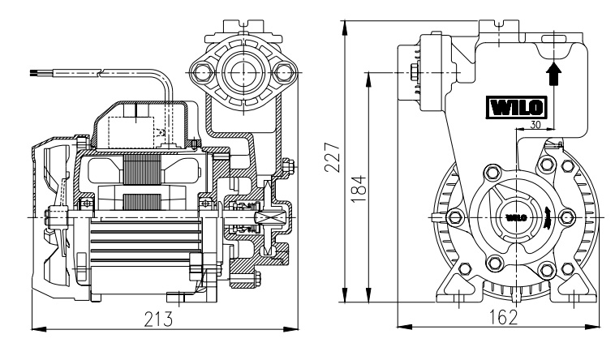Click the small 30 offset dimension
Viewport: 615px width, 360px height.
[x=535, y=125]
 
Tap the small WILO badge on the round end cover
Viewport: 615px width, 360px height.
[x=517, y=218]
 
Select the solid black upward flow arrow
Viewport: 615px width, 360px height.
[x=553, y=75]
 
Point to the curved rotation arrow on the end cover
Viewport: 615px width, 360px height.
[x=550, y=218]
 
